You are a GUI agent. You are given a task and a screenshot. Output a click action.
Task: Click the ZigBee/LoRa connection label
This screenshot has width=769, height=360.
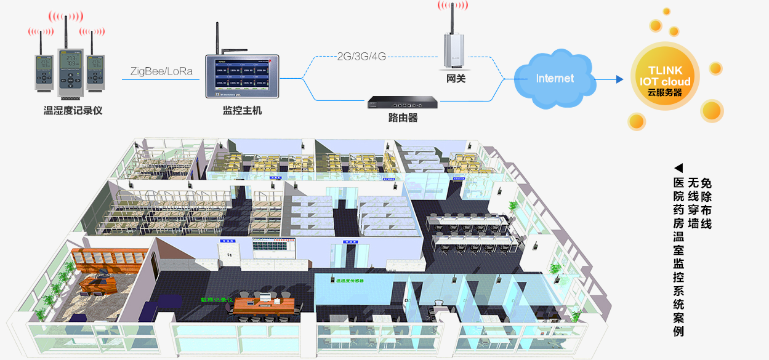click(161, 71)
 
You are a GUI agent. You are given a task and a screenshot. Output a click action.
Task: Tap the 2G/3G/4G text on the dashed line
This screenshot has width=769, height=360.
click(361, 57)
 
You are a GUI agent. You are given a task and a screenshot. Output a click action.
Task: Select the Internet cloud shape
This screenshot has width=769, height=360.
click(555, 78)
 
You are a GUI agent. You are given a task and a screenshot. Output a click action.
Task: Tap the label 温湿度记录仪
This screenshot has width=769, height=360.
click(73, 111)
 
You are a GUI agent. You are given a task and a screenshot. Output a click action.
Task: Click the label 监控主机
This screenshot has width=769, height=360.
click(242, 111)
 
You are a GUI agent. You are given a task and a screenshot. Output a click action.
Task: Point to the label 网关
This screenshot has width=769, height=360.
click(455, 79)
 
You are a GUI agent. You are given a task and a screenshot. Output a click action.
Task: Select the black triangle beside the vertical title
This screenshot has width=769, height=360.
click(678, 168)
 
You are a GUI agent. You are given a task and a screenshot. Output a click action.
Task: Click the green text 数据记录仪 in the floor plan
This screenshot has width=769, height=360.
click(217, 300)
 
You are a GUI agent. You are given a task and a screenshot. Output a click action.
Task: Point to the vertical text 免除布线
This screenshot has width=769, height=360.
click(706, 204)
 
